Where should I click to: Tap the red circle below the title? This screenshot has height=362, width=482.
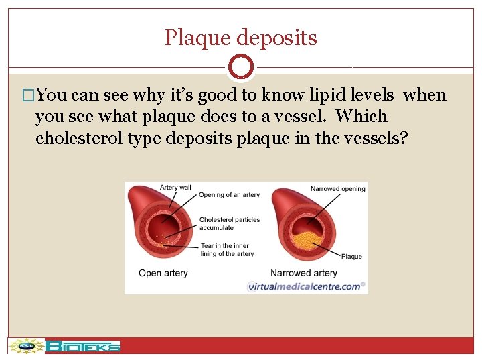tap(241, 67)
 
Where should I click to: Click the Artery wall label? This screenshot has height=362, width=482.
tap(175, 188)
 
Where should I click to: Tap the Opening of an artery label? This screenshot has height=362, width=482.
tap(229, 195)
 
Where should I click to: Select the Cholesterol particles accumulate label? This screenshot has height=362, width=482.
tap(229, 223)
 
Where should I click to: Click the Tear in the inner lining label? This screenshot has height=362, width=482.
tap(227, 250)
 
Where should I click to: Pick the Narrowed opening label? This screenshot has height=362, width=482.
tap(337, 189)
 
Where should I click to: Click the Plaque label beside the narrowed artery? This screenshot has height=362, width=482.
tap(351, 257)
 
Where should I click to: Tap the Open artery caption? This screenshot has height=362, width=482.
tap(163, 273)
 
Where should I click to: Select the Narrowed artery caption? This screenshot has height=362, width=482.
tap(303, 273)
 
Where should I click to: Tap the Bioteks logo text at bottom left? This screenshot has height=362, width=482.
tap(84, 347)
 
